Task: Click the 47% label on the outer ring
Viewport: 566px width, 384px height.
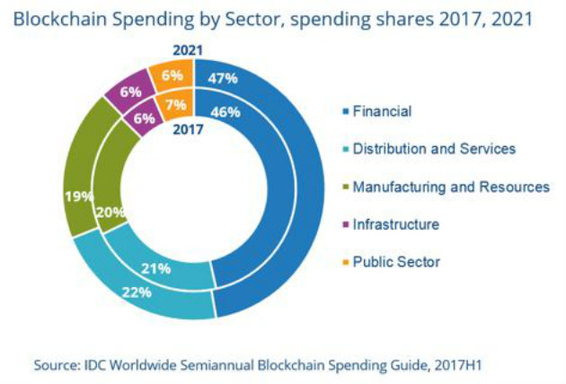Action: pos(223,78)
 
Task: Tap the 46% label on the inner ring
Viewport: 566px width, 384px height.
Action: pos(226,112)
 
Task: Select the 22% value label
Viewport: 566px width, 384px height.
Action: pos(137,292)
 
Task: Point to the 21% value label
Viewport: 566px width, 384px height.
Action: pos(155,268)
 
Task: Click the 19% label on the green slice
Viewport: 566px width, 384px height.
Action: pos(79,196)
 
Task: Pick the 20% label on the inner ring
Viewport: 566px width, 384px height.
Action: pos(111,212)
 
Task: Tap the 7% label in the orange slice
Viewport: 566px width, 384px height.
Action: pos(176,105)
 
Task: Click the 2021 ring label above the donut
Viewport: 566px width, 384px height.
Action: pos(188,50)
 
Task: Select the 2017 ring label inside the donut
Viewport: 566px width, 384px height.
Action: pos(188,129)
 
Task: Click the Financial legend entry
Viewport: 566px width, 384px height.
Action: pos(376,111)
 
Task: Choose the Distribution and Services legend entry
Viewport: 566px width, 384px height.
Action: pos(429,149)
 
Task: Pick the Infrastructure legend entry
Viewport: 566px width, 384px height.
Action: pos(391,224)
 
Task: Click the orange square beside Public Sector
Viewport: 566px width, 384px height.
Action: pos(346,262)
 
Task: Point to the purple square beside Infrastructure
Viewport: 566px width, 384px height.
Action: pos(346,224)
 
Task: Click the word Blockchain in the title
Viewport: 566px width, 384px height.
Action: pos(60,19)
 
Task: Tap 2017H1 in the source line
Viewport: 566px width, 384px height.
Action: pos(458,365)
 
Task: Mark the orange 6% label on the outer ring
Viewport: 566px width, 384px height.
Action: pos(172,75)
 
